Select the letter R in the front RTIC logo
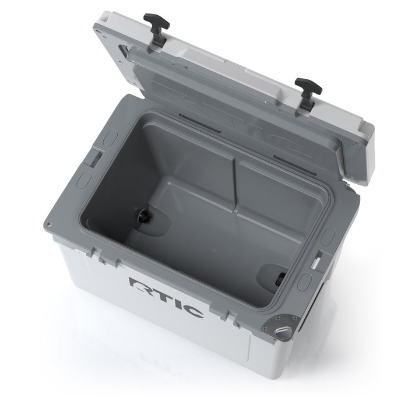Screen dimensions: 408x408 click(x=139, y=285)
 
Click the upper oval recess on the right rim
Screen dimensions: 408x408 click(x=329, y=235)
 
